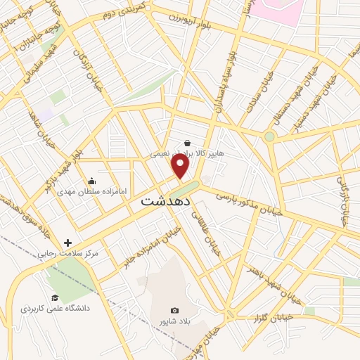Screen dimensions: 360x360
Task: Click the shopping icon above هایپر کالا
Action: point(187,142)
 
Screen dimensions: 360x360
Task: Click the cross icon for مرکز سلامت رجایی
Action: point(68,242)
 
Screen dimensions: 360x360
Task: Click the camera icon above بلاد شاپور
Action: point(174,310)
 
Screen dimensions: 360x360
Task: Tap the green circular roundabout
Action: point(269,136)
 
